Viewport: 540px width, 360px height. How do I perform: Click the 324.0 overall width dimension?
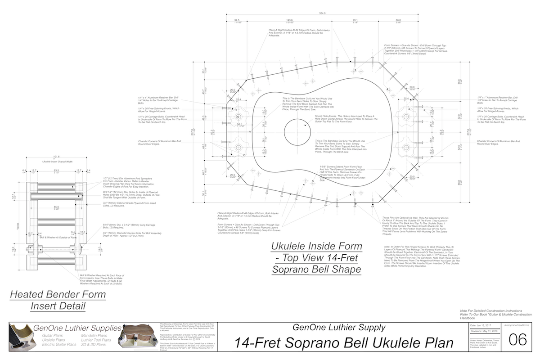pos(322,14)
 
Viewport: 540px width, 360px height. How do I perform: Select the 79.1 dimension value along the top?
pos(355,20)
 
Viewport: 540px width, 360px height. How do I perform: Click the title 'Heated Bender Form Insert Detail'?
pos(58,301)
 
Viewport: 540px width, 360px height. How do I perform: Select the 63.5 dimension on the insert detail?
pos(56,171)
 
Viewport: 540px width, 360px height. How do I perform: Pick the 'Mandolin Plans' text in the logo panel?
pos(94,335)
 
